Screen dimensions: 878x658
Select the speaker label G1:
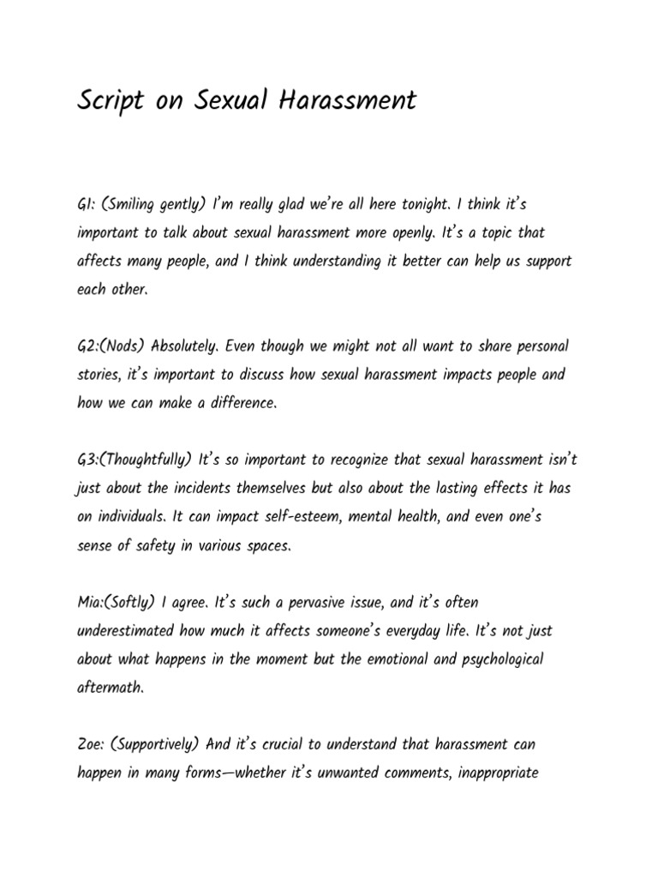(x=86, y=205)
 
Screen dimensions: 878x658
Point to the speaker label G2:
(x=88, y=346)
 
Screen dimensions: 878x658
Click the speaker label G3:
(x=88, y=460)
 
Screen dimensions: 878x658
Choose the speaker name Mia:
(x=91, y=602)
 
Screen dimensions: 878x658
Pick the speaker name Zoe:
(x=90, y=744)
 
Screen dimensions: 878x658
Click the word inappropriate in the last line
(x=488, y=773)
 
